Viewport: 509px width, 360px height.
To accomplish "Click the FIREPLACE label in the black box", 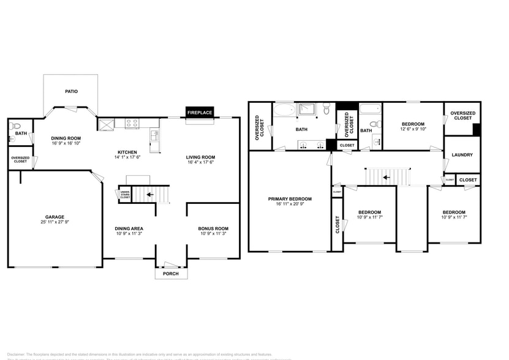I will point(200,113).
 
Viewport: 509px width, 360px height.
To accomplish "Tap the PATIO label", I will point(72,91).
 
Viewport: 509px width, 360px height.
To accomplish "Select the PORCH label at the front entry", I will point(170,274).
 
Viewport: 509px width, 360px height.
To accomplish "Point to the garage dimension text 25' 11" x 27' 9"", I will point(55,222).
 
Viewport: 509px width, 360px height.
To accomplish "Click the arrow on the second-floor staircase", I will point(386,178).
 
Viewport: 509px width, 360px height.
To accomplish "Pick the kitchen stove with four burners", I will point(132,123).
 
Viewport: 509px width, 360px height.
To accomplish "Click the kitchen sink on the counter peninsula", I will point(154,134).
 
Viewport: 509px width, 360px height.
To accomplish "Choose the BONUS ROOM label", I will point(213,228).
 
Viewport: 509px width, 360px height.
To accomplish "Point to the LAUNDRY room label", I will point(462,155).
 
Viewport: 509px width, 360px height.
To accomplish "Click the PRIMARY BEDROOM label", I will point(290,199).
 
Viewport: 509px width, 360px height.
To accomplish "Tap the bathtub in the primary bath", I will point(284,111).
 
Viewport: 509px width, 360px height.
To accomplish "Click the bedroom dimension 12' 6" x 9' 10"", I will point(413,129).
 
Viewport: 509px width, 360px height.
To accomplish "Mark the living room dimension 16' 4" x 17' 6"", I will point(200,163).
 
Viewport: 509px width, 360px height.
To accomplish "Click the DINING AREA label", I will point(129,228).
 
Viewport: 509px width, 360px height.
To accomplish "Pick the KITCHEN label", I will point(127,152).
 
